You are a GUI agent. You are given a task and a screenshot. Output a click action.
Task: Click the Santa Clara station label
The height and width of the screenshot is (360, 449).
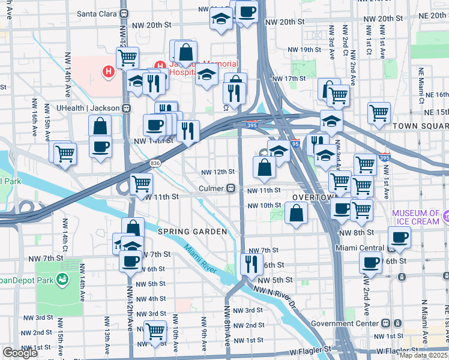click(98, 13)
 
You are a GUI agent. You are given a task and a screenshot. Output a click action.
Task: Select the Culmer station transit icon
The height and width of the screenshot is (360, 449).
click(230, 189)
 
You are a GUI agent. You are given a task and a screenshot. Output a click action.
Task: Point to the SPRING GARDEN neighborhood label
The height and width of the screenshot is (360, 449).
click(192, 232)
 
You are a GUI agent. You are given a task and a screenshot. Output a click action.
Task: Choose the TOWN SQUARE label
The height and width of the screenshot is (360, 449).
click(420, 126)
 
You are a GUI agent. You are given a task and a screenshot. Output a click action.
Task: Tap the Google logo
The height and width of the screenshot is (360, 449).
click(20, 353)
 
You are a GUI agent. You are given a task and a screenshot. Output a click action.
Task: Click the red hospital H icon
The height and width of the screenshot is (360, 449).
click(108, 73)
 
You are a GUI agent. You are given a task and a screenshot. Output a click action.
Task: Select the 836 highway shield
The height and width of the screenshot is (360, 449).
click(155, 163)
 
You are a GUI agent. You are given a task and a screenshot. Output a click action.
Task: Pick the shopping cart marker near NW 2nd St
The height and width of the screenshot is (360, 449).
click(155, 331)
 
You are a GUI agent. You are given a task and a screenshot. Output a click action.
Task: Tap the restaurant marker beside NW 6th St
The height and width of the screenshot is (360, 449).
click(251, 263)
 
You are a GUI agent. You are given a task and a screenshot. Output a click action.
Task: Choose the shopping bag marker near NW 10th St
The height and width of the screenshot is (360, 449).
click(296, 212)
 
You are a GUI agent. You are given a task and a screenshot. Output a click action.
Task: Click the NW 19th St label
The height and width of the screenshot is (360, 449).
click(300, 50)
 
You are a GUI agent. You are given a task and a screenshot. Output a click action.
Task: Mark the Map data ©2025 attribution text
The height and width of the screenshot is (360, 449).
click(424, 355)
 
